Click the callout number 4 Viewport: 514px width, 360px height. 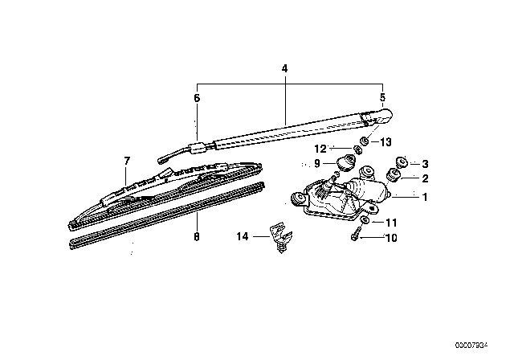pos(284,70)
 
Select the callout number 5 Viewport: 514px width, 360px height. pos(382,97)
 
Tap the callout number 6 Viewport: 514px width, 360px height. pos(196,97)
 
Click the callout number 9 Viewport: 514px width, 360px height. pos(318,163)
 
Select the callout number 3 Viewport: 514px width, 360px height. pos(426,164)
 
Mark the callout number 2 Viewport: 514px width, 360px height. pos(426,178)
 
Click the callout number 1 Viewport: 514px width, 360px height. pos(426,196)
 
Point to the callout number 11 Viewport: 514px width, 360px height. pos(393,222)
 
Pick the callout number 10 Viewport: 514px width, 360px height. pos(393,238)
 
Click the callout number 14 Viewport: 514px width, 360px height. pos(242,236)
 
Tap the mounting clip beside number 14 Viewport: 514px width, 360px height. pos(279,238)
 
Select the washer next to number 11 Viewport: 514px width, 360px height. pos(365,219)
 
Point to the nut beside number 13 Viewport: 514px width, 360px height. pos(363,141)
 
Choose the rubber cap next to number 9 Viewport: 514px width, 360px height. pos(348,162)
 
